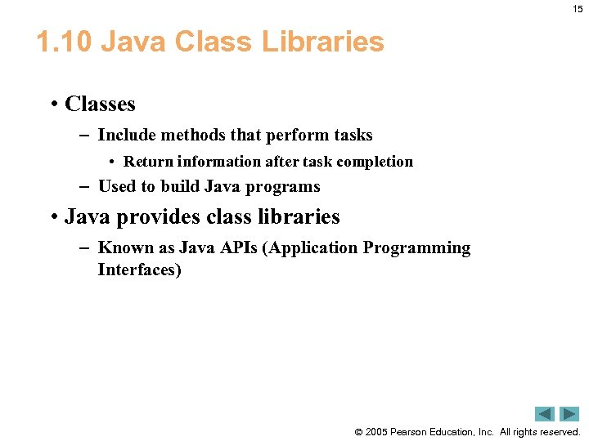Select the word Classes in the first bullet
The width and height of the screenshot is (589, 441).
(100, 105)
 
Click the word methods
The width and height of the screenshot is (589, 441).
(191, 135)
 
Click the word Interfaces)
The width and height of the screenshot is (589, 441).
(139, 269)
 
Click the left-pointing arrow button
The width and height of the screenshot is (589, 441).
(545, 414)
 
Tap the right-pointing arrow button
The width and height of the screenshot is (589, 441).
(569, 414)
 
